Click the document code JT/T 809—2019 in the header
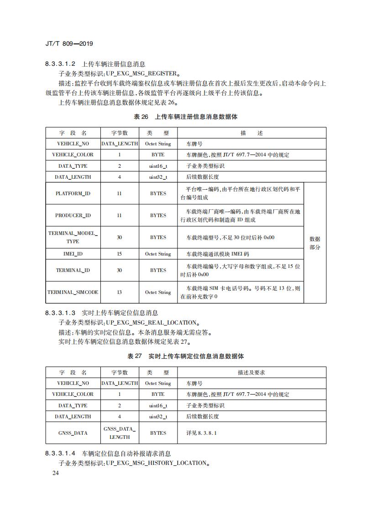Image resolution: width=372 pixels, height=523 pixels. click(69, 44)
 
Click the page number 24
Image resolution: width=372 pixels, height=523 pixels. click(56, 473)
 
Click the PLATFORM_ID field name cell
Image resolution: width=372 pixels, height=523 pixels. click(73, 193)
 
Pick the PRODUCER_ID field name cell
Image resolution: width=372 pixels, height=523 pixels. click(73, 215)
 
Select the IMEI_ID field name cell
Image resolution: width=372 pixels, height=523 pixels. click(73, 254)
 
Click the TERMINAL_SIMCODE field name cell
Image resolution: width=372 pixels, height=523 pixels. click(73, 292)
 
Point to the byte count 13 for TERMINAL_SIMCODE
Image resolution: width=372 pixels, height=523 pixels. click(119, 292)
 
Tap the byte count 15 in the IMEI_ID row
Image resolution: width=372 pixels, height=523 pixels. click(119, 254)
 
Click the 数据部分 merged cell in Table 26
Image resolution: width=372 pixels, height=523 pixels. click(315, 243)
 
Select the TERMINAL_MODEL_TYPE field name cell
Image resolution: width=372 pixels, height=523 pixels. click(73, 237)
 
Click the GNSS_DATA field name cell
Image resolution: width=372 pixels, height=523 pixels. click(73, 432)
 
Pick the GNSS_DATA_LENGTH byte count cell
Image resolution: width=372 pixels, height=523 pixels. click(119, 432)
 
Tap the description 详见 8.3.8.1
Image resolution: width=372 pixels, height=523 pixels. click(201, 432)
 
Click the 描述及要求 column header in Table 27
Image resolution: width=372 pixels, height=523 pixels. click(251, 373)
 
